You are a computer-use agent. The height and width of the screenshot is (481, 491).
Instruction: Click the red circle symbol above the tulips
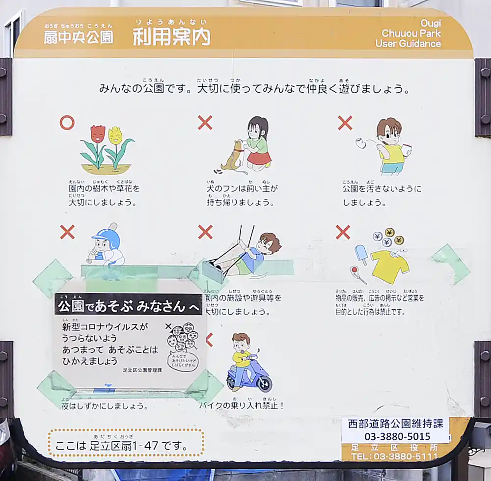tap(67, 123)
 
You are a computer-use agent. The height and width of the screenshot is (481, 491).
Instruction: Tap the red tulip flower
tap(98, 134)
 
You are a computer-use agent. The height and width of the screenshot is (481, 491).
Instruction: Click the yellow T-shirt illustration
tap(390, 266)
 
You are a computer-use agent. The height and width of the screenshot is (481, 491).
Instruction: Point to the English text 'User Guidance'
tap(408, 44)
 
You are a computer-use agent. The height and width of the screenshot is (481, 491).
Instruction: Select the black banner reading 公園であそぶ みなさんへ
tap(129, 306)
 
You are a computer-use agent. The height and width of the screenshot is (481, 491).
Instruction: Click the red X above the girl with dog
tap(205, 123)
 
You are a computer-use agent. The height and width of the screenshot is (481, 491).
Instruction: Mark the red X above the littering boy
tap(345, 123)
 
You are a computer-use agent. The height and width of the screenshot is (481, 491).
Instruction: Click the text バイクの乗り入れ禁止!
tap(242, 405)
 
